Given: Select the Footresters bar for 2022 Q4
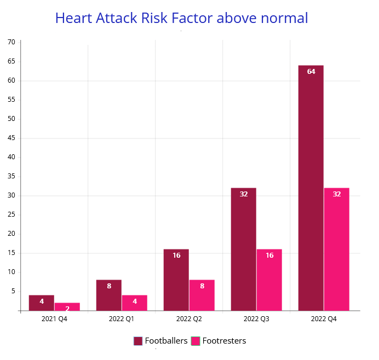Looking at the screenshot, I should point(336,249).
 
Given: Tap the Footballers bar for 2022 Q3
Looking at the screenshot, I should point(243,249).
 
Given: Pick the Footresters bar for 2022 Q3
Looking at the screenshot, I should point(269,280).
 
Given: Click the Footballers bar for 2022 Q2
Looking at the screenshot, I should point(176,280).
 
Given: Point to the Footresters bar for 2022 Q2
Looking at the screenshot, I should point(202,295).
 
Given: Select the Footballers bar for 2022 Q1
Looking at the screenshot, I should point(108,295).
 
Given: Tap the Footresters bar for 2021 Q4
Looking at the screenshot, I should point(67,307).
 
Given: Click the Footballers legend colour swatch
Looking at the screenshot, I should point(138,341).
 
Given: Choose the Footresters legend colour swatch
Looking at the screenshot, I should point(196,341).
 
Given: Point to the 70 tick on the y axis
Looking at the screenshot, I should point(11,42).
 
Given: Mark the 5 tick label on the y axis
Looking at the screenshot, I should point(13,291).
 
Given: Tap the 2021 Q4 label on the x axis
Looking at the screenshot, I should point(54,318).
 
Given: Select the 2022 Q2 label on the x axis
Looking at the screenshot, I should point(189,318).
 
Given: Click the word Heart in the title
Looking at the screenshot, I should point(74,18).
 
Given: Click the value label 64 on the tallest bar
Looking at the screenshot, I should point(311,72).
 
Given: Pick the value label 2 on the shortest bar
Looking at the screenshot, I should point(67,309).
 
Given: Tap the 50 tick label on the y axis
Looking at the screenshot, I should point(11,119).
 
